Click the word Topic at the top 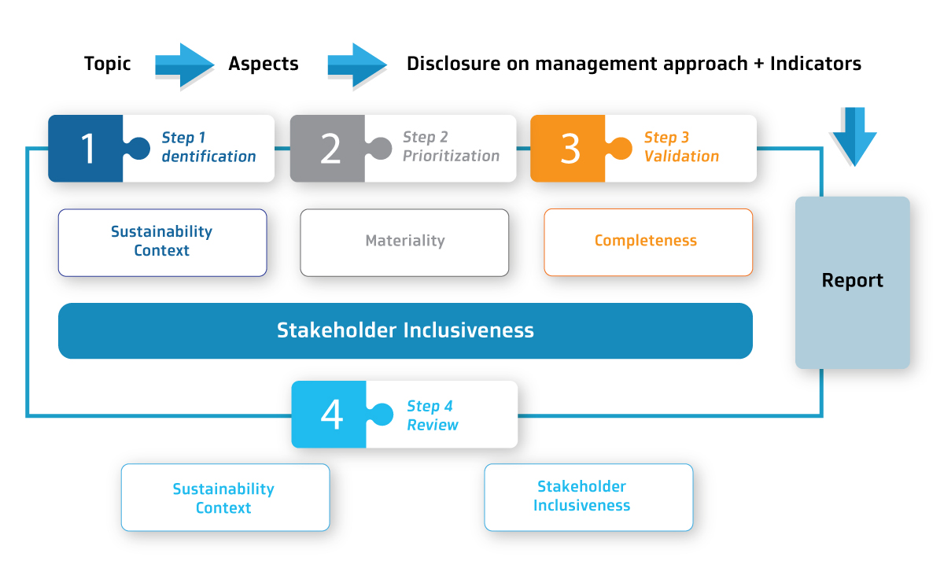click(x=108, y=64)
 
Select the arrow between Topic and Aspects click(x=185, y=66)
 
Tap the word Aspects click(x=264, y=64)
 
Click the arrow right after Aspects click(x=357, y=66)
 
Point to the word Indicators click(x=816, y=64)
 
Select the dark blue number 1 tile click(x=86, y=149)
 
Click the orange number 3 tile click(x=568, y=149)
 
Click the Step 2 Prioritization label click(x=451, y=146)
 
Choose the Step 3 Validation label click(x=681, y=146)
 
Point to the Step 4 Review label click(x=433, y=415)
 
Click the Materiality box click(x=404, y=243)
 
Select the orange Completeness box click(x=648, y=242)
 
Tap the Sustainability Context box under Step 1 click(x=162, y=243)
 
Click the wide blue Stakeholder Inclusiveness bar click(x=405, y=330)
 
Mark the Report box click(x=853, y=282)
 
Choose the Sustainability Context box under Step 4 click(x=225, y=498)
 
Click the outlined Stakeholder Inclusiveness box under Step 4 click(x=588, y=498)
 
